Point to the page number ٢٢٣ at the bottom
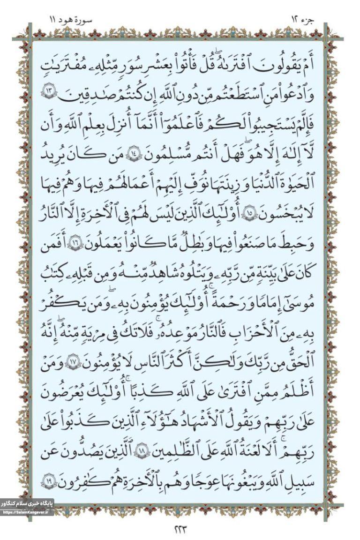[180, 530]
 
